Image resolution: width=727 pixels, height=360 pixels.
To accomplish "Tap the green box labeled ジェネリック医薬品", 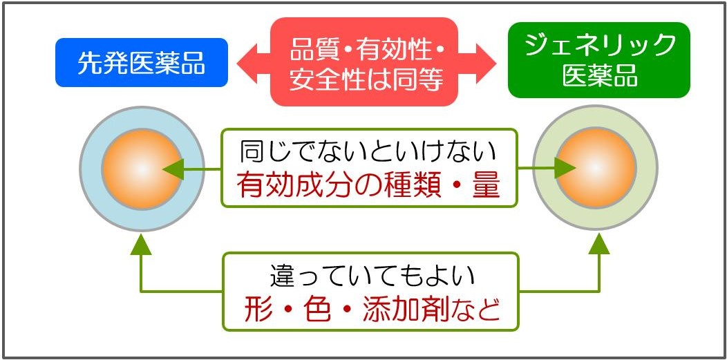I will pos(598,60).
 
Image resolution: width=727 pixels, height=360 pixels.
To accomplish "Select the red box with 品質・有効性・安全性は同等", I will pos(366,62).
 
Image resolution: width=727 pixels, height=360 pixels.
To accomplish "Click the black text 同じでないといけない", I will pos(368,151).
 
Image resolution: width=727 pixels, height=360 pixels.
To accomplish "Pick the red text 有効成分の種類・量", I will pos(368,185).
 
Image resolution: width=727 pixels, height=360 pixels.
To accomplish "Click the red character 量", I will pos(485,185).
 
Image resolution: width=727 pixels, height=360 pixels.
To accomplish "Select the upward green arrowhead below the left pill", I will pos(141,243).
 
